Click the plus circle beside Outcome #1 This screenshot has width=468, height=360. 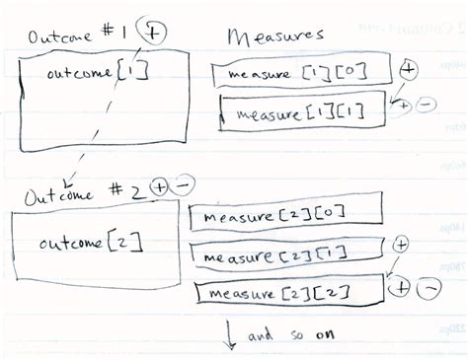coord(154,32)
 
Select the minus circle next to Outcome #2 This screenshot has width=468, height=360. coord(185,184)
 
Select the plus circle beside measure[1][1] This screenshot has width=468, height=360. coord(403,106)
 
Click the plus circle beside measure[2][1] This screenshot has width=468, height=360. coord(401,244)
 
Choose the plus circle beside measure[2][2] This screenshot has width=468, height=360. coord(400,287)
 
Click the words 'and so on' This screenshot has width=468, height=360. coord(292,334)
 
